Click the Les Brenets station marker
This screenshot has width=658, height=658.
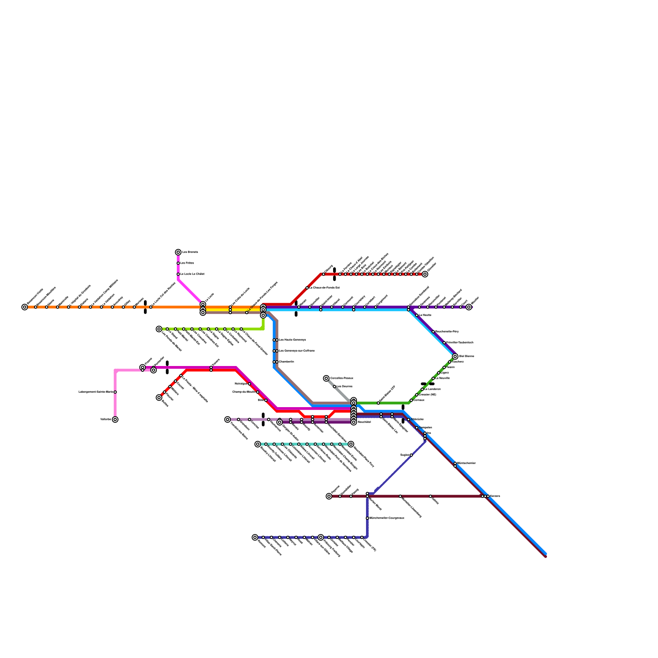point(178,252)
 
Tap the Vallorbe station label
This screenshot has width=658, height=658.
point(106,419)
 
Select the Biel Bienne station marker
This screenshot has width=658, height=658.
point(455,356)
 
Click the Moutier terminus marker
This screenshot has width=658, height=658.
point(469,307)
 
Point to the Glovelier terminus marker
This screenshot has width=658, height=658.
point(425,274)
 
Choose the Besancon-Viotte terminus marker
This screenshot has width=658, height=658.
point(25,307)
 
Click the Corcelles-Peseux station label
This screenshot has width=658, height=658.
point(341,378)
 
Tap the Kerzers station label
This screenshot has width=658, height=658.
point(495,496)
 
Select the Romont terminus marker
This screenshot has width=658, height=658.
point(255,538)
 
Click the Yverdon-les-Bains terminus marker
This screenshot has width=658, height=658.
point(227,419)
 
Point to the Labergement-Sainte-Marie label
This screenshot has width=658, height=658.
point(95,392)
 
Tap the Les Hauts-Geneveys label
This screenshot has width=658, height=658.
point(292,340)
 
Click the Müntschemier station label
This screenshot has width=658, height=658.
point(466,463)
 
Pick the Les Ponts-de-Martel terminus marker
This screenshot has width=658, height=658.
point(159,329)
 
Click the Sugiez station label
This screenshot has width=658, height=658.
point(405,455)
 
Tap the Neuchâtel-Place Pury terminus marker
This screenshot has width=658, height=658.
point(351,444)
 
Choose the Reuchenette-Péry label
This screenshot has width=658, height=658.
point(447,331)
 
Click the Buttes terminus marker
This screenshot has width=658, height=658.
point(159,398)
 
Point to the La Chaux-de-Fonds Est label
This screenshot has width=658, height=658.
point(324,288)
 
